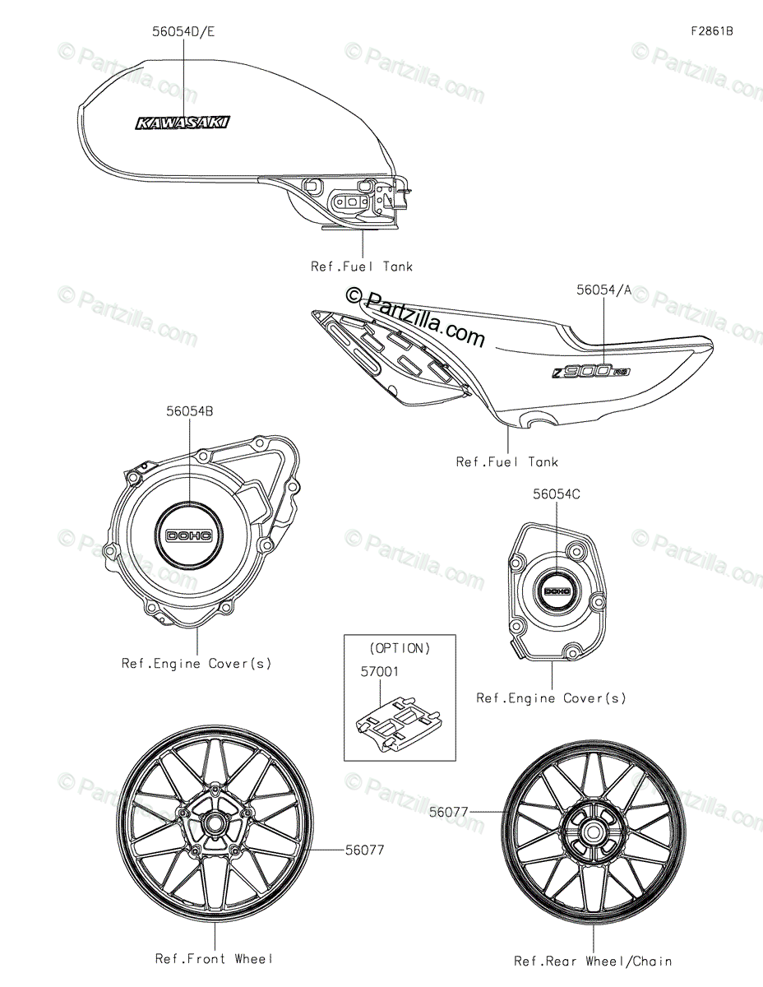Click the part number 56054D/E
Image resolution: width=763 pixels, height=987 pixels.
183,33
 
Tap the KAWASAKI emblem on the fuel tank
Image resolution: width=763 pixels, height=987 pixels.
183,123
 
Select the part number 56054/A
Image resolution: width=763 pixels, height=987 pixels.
603,290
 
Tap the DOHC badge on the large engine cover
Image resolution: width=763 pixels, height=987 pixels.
189,535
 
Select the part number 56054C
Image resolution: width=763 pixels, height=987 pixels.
556,494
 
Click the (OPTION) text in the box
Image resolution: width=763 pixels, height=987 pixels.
399,648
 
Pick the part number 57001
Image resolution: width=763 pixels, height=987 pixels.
379,672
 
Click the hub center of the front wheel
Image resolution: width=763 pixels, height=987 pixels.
215,822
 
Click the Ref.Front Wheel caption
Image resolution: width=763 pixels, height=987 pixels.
215,958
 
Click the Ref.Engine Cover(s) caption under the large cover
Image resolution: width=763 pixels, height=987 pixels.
197,663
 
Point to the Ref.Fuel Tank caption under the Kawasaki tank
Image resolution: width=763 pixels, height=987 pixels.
362,266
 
